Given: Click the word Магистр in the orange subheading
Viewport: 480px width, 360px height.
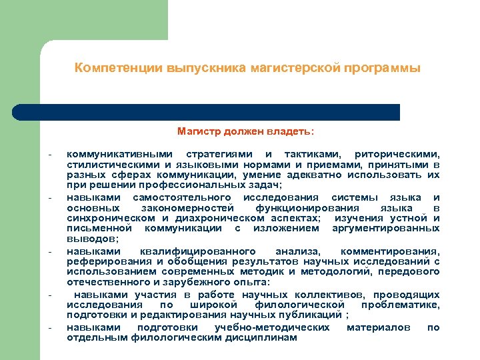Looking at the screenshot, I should [199, 131].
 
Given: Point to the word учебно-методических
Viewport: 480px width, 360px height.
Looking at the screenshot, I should [272, 327].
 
